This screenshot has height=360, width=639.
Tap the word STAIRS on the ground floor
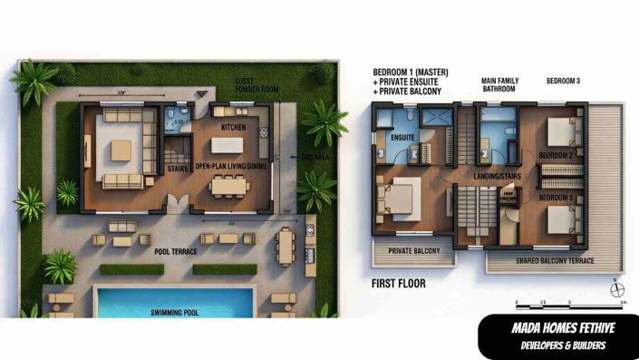pyautogui.click(x=178, y=169)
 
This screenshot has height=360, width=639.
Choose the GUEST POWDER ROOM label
pyautogui.click(x=256, y=85)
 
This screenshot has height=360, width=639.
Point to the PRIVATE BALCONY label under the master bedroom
pyautogui.click(x=413, y=250)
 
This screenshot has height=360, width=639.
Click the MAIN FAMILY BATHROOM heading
pyautogui.click(x=499, y=84)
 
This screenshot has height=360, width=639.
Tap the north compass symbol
pyautogui.click(x=619, y=290)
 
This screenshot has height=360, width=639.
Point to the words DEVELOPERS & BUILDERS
pyautogui.click(x=557, y=345)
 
